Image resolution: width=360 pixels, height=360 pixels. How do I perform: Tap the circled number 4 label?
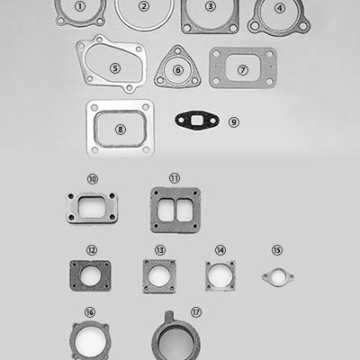point(280,8)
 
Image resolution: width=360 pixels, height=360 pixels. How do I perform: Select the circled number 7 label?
point(243,68)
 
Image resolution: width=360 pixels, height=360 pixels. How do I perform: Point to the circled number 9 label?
point(234,121)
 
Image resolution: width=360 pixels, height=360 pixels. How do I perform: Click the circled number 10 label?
point(93,178)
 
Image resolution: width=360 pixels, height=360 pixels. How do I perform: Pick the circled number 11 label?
point(175,178)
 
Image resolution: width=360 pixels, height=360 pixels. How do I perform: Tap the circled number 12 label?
point(92,249)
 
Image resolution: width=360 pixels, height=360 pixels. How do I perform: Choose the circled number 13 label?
point(159,249)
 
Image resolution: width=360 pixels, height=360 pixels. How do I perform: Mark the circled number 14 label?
point(220,249)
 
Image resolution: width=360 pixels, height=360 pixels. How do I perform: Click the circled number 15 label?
point(277,249)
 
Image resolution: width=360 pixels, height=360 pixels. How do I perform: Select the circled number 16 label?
point(90,312)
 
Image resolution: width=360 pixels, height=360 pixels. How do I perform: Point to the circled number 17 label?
point(195,312)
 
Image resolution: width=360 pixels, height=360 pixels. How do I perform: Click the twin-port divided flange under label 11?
point(175,211)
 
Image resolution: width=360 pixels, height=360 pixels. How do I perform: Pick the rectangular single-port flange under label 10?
point(91,208)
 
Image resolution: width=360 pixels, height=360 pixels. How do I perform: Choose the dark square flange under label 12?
point(90,275)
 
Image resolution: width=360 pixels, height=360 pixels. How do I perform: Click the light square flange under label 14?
point(219,274)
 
